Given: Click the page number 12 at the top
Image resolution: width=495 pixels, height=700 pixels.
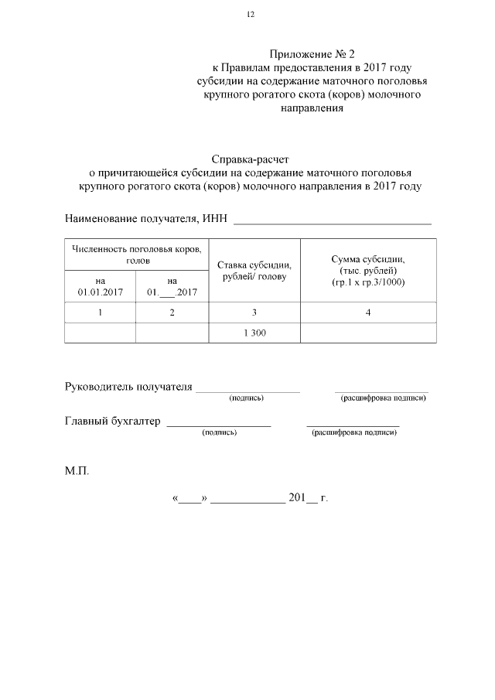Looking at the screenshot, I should [x=250, y=15].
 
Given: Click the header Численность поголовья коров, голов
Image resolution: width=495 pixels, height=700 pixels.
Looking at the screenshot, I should [x=137, y=254].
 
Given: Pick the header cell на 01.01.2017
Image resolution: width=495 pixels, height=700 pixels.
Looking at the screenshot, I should [x=100, y=287].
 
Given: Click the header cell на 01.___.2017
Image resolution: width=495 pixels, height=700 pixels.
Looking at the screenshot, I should [x=172, y=287].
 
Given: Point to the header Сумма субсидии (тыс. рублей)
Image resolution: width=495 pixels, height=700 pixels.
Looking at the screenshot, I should [x=367, y=271].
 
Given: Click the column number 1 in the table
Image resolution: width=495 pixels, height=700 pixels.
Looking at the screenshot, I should [x=100, y=312].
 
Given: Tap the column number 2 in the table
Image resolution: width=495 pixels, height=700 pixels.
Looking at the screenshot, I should [x=172, y=312].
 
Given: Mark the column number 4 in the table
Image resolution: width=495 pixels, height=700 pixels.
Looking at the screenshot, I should [x=368, y=312].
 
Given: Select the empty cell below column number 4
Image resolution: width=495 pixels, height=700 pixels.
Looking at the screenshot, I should [x=368, y=332].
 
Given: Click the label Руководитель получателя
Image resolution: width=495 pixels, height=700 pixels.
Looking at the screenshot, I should [x=128, y=387].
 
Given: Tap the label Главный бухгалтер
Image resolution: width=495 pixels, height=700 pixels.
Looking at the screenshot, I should [x=112, y=422].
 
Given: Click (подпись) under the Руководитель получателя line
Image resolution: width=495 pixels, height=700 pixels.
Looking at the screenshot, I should [x=247, y=398].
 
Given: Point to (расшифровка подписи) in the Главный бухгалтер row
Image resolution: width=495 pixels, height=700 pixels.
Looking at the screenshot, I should [x=353, y=432].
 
